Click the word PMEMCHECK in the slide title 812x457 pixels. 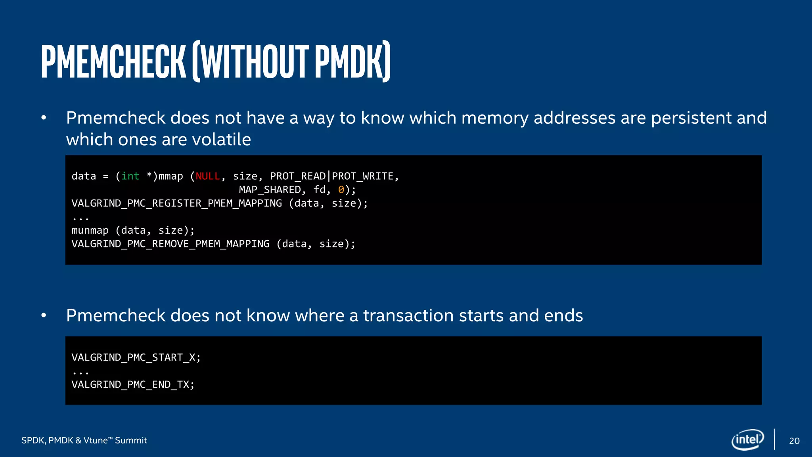pos(113,61)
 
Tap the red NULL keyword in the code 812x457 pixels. pos(208,176)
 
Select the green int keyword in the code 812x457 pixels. pos(130,176)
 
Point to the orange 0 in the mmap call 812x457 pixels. pos(341,190)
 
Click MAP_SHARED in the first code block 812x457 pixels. pos(270,190)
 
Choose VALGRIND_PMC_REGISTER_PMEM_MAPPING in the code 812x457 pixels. pos(177,204)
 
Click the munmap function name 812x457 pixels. pos(90,230)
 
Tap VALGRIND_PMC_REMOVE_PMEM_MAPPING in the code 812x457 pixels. pos(170,244)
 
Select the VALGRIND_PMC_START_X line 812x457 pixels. pos(136,357)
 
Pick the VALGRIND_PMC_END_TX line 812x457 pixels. pos(133,384)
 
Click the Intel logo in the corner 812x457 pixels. pos(748,440)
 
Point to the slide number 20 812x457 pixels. pos(794,441)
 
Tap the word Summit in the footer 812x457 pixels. pos(131,440)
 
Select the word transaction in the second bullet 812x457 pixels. pos(408,316)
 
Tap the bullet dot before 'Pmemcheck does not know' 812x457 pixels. pos(44,316)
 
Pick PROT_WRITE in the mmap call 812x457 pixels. pos(362,176)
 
